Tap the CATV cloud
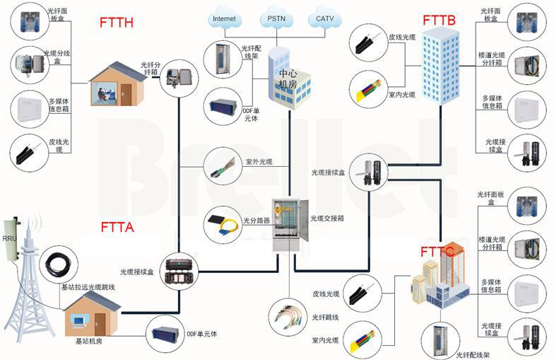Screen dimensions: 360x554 pyautogui.click(x=324, y=18)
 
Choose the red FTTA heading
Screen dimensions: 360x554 pyautogui.click(x=117, y=228)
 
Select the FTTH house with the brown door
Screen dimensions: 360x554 pyautogui.click(x=117, y=83)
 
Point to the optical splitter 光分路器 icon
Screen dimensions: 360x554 pyautogui.click(x=220, y=223)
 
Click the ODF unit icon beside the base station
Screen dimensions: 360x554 pyautogui.click(x=164, y=333)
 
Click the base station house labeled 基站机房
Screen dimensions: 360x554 pyautogui.click(x=92, y=315)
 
